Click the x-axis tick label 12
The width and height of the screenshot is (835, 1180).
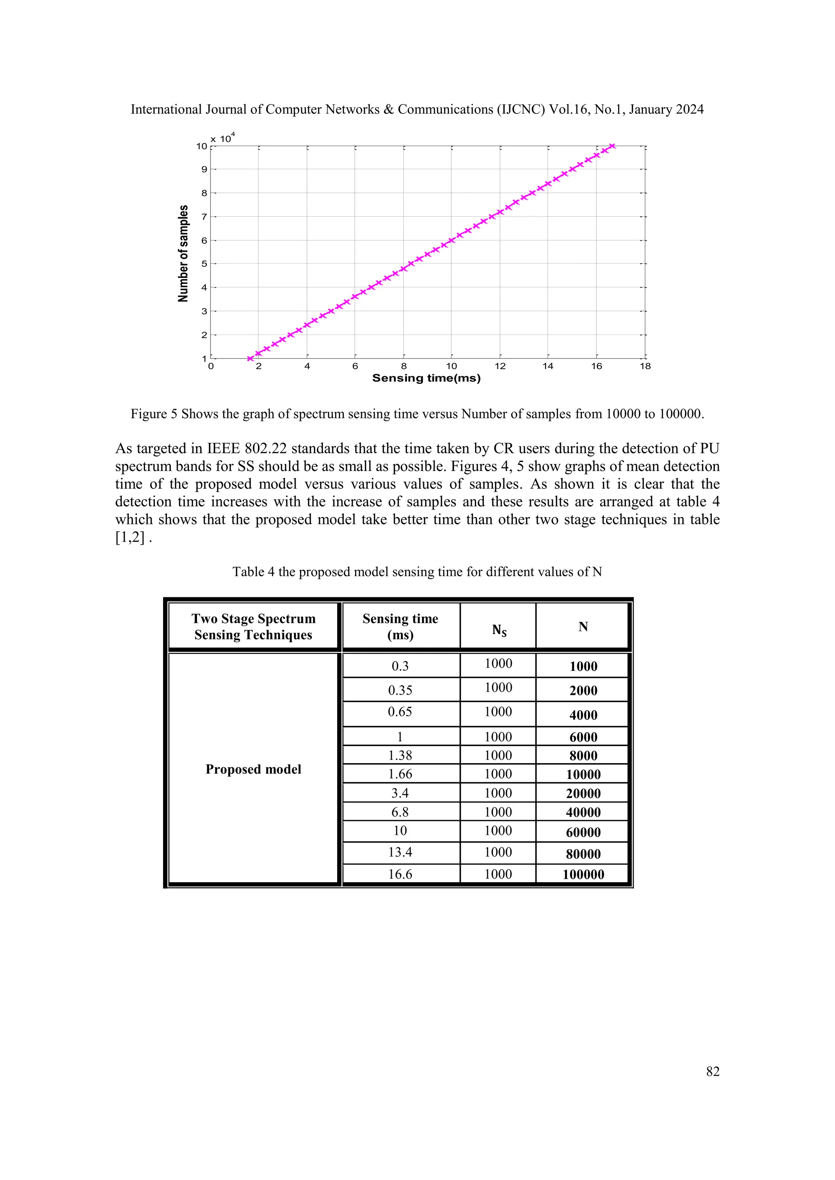tap(500, 366)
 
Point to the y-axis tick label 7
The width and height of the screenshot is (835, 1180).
tap(204, 217)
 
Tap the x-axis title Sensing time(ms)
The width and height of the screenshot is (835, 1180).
tap(426, 378)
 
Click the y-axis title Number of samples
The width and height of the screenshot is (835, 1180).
tap(183, 253)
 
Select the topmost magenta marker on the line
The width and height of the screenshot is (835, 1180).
tap(612, 146)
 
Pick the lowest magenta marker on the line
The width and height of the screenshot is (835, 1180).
tap(250, 359)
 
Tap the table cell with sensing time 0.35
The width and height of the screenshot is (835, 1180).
tap(400, 690)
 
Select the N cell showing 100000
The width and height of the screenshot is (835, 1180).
tap(583, 874)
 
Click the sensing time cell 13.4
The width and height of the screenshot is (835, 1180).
tap(400, 852)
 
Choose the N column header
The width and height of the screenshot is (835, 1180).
tap(583, 627)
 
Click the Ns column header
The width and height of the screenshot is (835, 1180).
tap(499, 630)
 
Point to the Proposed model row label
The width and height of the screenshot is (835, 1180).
tap(254, 769)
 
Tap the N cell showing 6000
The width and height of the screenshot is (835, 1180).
tap(583, 737)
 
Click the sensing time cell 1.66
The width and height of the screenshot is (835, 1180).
tap(400, 774)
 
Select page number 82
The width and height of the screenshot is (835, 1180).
tap(713, 1072)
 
